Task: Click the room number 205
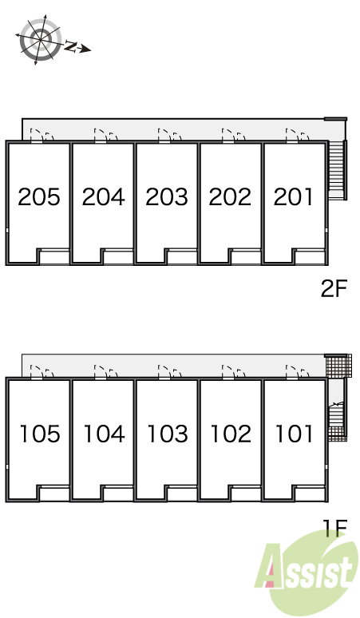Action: click(x=39, y=196)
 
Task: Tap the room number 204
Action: click(x=103, y=196)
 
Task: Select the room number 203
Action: click(x=167, y=196)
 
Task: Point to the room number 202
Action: click(x=230, y=196)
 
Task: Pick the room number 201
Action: click(x=293, y=196)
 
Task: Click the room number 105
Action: click(x=40, y=434)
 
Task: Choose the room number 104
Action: click(x=104, y=434)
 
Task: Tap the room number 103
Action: click(x=168, y=434)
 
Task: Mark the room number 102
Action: click(x=231, y=434)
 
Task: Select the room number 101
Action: click(x=295, y=434)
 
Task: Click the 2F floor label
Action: click(x=334, y=289)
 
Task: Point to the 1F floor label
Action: click(x=335, y=528)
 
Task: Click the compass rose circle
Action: click(x=41, y=39)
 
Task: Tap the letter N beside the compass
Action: click(x=70, y=46)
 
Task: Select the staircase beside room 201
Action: click(x=338, y=169)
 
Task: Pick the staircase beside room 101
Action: click(x=338, y=418)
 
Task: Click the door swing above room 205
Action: click(x=42, y=134)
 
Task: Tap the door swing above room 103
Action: click(x=169, y=371)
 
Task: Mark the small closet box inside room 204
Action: click(x=117, y=256)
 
